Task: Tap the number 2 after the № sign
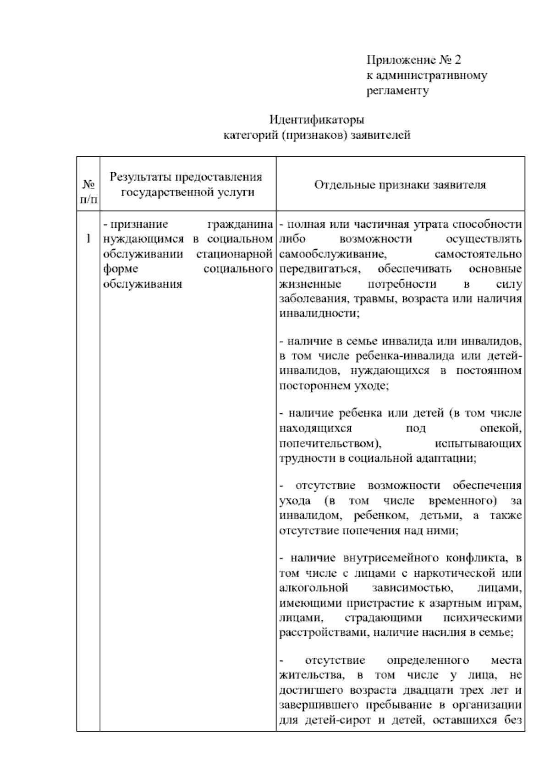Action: click(458, 60)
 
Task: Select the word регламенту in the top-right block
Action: click(397, 91)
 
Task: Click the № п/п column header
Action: click(88, 191)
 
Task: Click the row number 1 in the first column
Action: click(88, 239)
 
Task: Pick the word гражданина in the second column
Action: click(240, 224)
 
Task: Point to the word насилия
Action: click(440, 633)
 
